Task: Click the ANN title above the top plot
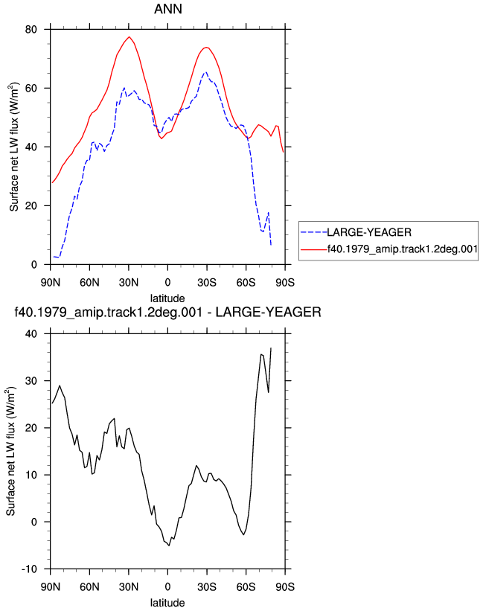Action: click(168, 9)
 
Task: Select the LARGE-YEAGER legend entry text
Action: click(369, 233)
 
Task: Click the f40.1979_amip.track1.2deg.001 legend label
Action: click(403, 249)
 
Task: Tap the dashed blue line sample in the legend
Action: click(314, 233)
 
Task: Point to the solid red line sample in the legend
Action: click(314, 249)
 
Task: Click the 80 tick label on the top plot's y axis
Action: click(31, 30)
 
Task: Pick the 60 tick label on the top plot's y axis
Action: click(31, 89)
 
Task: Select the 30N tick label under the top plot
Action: click(129, 283)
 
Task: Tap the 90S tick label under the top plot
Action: click(285, 283)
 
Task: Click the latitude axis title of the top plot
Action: click(167, 298)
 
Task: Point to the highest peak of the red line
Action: click(129, 37)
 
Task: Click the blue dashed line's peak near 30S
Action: click(205, 72)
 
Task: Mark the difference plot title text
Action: click(168, 313)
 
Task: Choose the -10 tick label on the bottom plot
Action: click(28, 569)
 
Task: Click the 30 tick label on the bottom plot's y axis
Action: click(31, 381)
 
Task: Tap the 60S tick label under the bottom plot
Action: click(246, 587)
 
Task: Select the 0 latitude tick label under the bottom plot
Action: click(167, 587)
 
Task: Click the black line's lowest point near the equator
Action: click(169, 546)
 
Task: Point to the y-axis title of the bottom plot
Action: click(10, 451)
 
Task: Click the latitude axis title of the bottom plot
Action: click(167, 603)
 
